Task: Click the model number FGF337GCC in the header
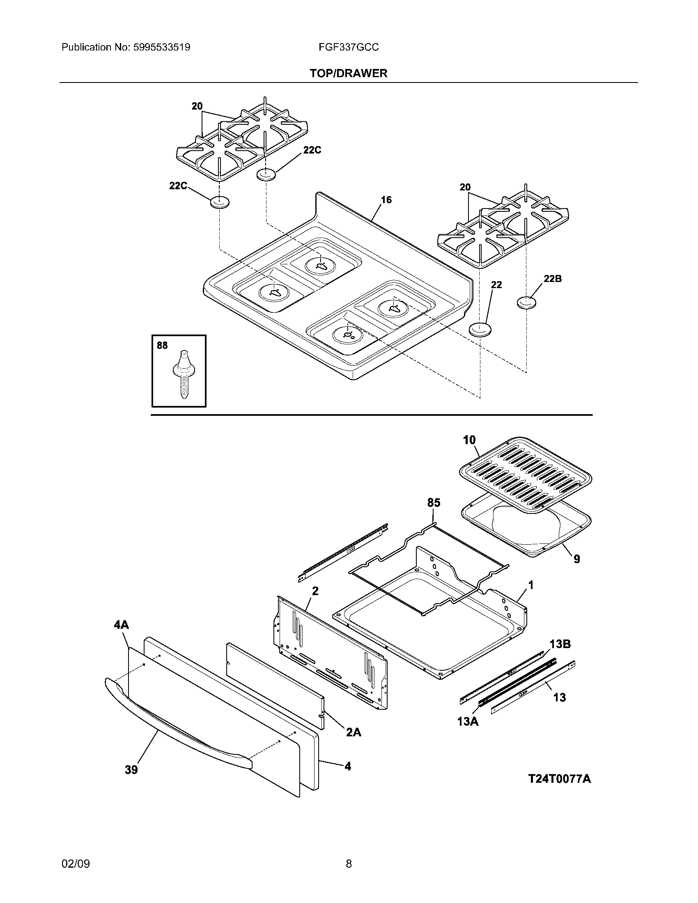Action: point(349,48)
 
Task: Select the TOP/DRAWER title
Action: point(349,73)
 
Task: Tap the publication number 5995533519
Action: point(161,48)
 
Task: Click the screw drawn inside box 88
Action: point(182,374)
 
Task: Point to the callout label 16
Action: point(386,200)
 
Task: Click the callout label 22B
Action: point(552,279)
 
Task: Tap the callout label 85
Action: point(434,503)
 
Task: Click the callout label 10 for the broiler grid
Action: point(469,440)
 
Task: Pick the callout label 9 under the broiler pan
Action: point(576,559)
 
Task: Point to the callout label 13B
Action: point(560,644)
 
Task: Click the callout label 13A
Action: point(468,722)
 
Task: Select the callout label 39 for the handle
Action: point(131,770)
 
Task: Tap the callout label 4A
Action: point(121,625)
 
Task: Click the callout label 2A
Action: point(353,733)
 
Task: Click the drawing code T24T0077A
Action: point(560,779)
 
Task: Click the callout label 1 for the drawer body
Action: point(531,585)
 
